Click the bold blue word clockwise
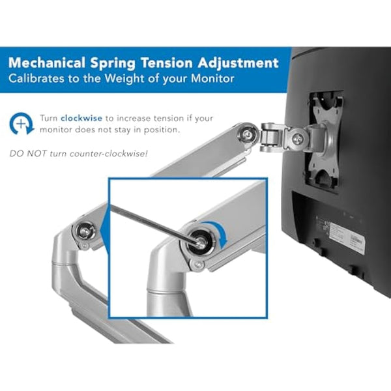coord(80,119)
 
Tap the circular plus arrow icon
coord(21,123)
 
